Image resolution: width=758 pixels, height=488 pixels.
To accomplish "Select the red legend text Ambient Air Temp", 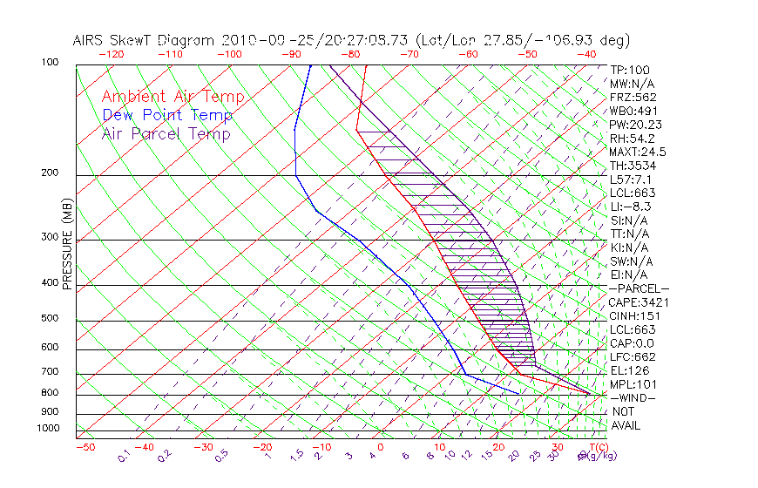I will tap(173, 97).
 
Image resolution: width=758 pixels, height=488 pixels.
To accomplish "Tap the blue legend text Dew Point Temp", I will tap(166, 115).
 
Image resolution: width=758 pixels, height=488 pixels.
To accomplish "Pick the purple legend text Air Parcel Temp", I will tap(166, 133).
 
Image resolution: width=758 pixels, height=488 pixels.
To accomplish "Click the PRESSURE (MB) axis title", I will tap(67, 245).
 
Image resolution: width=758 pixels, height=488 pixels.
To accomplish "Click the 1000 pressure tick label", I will tap(49, 429).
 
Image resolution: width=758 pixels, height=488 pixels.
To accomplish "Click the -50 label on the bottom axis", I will tap(85, 448).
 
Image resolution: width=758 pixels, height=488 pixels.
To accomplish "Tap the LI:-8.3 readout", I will tap(631, 207).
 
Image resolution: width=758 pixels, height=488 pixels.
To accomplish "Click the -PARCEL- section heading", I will tap(639, 288).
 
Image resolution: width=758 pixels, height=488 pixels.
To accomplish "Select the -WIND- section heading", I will tap(633, 398).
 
